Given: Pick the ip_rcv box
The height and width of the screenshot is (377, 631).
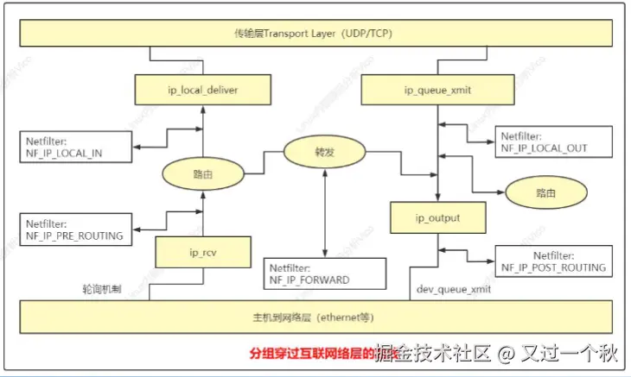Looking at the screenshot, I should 201,252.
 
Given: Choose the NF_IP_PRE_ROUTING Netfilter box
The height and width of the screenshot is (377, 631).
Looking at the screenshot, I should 78,228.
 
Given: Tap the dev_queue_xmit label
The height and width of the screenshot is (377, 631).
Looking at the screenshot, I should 455,290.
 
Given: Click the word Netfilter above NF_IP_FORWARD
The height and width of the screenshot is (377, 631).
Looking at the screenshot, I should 293,267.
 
